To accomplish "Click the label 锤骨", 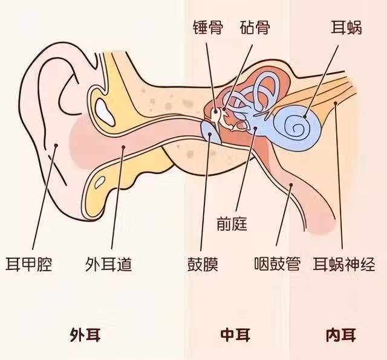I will coord(206,28).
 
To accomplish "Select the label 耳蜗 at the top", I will coord(346,28).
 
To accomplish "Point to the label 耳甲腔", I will coord(28,264).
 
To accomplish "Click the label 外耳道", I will coord(109,264).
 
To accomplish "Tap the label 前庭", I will coord(232,224).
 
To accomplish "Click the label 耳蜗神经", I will coord(344,264).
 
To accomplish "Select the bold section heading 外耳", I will coord(81,334).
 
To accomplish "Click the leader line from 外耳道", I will coord(117,199).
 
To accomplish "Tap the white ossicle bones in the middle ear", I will coord(220,115).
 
